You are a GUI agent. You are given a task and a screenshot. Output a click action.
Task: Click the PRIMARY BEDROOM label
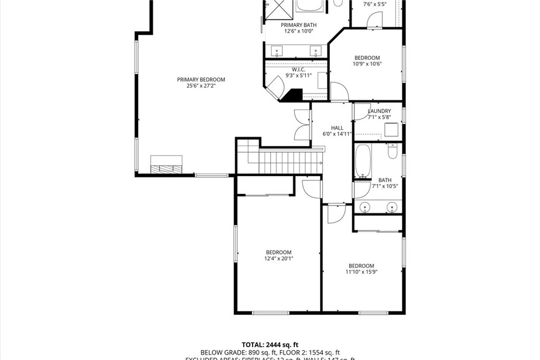click(200, 80)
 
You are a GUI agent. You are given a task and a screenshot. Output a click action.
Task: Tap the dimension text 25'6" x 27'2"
click(200, 86)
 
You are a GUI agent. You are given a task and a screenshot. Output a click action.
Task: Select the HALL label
click(337, 128)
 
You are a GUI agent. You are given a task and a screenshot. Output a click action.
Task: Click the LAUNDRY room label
click(379, 111)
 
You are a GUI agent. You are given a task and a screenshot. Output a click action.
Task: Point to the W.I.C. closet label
click(298, 69)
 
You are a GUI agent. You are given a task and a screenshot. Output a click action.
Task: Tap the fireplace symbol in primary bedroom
click(167, 165)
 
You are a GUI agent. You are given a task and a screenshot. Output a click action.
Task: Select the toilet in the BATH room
click(392, 152)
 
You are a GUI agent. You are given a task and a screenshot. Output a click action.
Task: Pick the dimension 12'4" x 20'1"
click(278, 258)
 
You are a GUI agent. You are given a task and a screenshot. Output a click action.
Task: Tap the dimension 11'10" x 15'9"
click(361, 272)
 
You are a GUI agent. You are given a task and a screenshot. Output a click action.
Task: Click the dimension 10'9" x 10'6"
click(367, 64)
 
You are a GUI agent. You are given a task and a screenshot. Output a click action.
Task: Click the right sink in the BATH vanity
click(392, 207)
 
